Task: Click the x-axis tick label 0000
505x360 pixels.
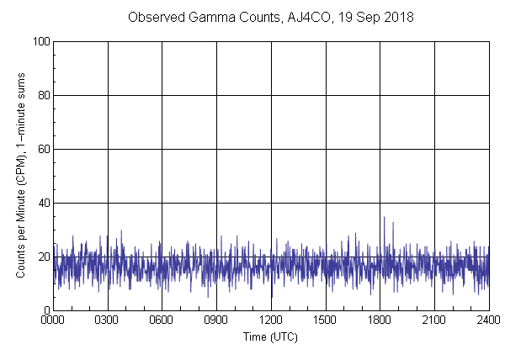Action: [x=53, y=320]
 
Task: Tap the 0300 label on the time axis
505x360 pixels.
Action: [x=107, y=320]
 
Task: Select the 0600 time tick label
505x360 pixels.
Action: [x=162, y=320]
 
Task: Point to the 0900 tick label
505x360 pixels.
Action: [x=216, y=320]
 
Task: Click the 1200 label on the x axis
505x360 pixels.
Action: [x=271, y=320]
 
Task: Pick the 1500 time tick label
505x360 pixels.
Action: [x=325, y=320]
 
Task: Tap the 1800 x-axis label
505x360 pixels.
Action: [x=380, y=320]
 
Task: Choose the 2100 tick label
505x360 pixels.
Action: [x=434, y=320]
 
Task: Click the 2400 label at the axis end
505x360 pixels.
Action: [x=488, y=320]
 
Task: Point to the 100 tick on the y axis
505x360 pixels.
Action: [x=40, y=41]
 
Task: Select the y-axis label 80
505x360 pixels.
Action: [x=43, y=95]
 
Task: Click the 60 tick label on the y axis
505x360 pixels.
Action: [x=43, y=149]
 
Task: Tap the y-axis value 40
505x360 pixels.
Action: [x=43, y=203]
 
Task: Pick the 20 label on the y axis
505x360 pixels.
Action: [x=43, y=257]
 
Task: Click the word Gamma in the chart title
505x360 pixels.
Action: [x=202, y=18]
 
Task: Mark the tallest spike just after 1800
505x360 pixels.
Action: [x=384, y=218]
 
